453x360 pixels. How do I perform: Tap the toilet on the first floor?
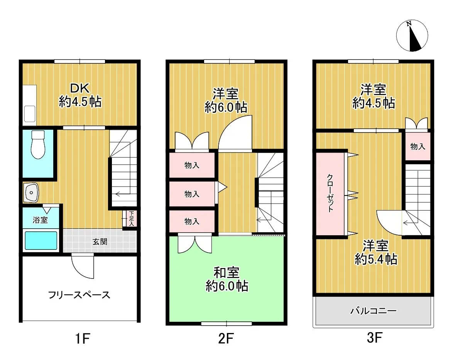click(38, 144)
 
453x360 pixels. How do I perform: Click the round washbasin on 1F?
click(31, 192)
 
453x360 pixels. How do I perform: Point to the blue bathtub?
click(41, 240)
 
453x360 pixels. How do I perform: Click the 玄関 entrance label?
click(100, 241)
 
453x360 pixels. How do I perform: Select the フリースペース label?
click(79, 295)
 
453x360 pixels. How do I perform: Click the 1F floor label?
click(83, 338)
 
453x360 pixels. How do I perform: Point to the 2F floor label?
click(226, 338)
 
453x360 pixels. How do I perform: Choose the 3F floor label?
click(375, 338)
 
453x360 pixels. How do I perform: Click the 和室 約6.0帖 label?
click(227, 279)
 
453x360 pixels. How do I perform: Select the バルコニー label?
click(374, 311)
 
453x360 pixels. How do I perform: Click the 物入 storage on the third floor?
click(418, 147)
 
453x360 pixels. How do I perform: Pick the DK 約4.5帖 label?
click(80, 95)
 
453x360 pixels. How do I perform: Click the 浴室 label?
click(40, 220)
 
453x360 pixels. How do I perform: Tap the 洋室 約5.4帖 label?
click(376, 253)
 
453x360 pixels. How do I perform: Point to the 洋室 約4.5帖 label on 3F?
click(374, 96)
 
